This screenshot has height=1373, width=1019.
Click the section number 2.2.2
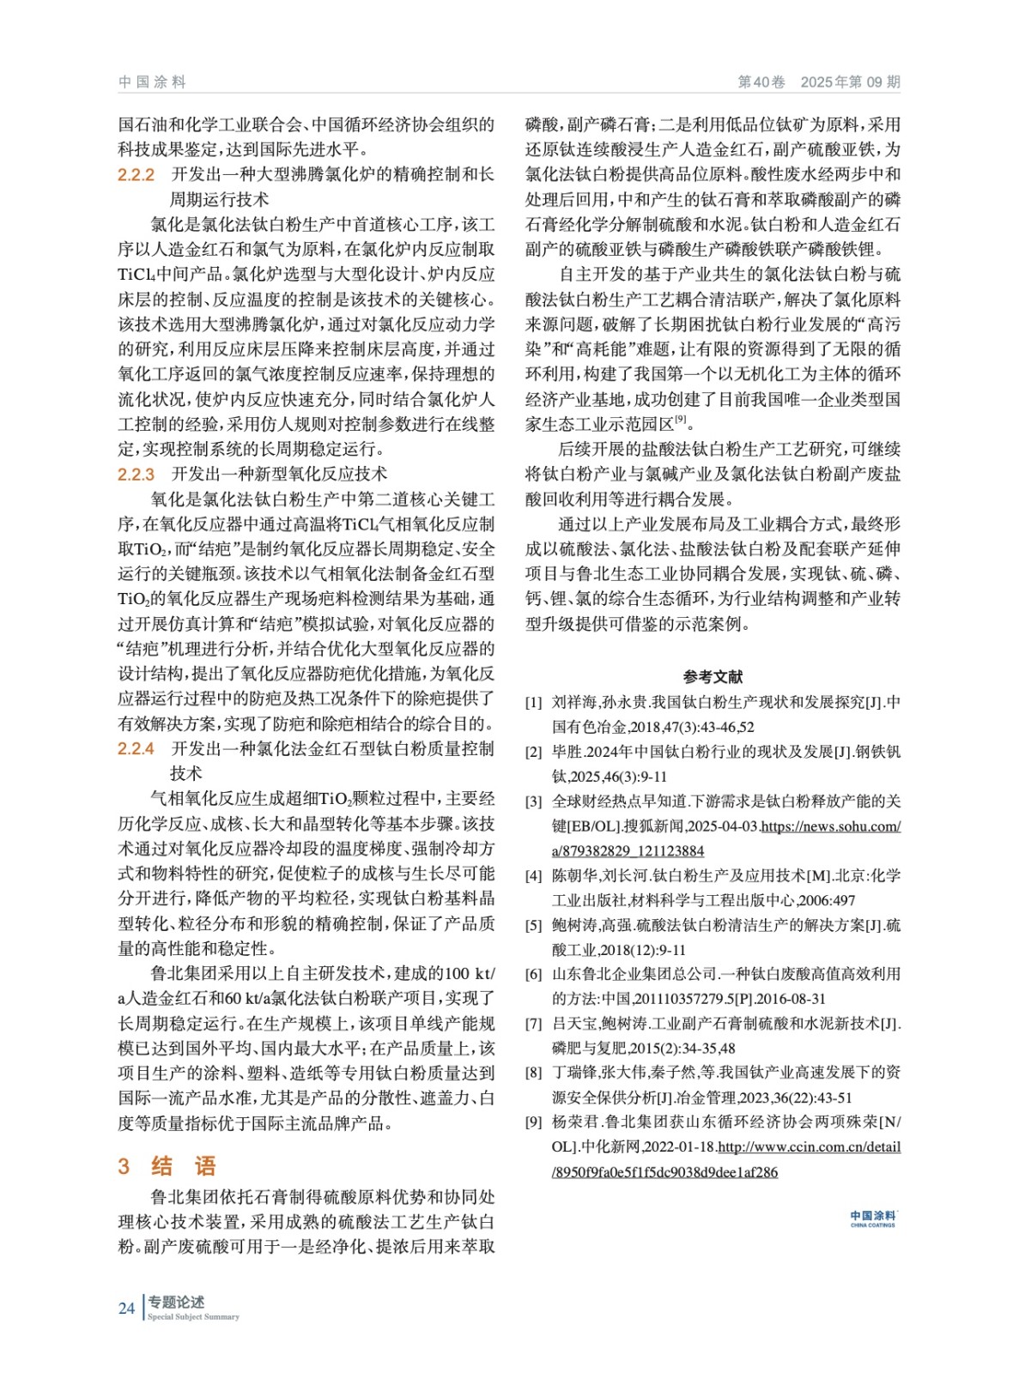(x=136, y=175)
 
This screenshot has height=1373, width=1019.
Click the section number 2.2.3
(x=136, y=475)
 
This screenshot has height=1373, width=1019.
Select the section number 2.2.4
(x=136, y=749)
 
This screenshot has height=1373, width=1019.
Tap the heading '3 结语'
(x=167, y=1165)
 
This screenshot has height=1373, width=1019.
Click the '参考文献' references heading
(x=713, y=676)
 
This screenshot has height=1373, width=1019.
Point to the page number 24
(x=126, y=1308)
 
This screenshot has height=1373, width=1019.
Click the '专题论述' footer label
(x=176, y=1302)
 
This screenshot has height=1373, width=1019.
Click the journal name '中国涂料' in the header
(x=152, y=82)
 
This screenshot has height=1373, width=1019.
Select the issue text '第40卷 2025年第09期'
(x=818, y=82)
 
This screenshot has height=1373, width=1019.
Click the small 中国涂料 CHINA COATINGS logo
(x=872, y=1219)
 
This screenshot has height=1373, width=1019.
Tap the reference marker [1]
(x=533, y=703)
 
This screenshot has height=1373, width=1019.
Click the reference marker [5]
(x=533, y=926)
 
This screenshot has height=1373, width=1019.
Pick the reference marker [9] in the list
(x=533, y=1122)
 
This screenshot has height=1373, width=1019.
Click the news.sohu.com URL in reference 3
(x=830, y=826)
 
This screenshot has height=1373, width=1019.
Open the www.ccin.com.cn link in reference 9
(x=809, y=1147)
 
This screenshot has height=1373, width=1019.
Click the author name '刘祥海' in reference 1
(x=573, y=703)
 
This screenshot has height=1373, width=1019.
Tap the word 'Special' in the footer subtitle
(x=161, y=1317)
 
